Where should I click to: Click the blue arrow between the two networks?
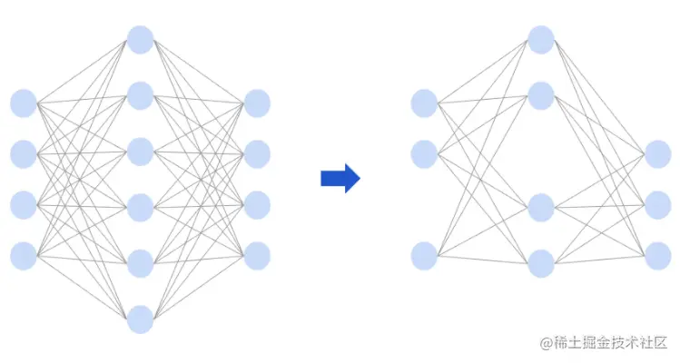(x=340, y=178)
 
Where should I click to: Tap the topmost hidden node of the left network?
(x=140, y=39)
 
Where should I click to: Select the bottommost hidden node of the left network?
(x=140, y=319)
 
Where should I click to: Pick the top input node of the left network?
(x=24, y=103)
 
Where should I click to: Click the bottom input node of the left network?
(x=24, y=256)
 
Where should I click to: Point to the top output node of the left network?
(x=257, y=103)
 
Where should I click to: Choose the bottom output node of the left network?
(x=257, y=256)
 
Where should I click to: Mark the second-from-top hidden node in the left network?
(x=140, y=95)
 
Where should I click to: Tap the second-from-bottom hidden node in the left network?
(x=140, y=263)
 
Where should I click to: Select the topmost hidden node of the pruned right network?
(x=541, y=39)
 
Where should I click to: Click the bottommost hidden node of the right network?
(x=541, y=263)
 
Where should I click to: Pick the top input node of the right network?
(x=424, y=103)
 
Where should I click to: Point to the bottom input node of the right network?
(x=424, y=256)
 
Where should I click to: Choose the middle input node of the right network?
(x=424, y=154)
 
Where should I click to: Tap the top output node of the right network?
(x=657, y=154)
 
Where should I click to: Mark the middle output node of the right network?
(x=657, y=205)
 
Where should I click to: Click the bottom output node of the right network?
(x=657, y=256)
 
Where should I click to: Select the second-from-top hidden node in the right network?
(x=541, y=95)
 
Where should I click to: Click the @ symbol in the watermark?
(x=547, y=343)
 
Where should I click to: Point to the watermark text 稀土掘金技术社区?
(x=611, y=343)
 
